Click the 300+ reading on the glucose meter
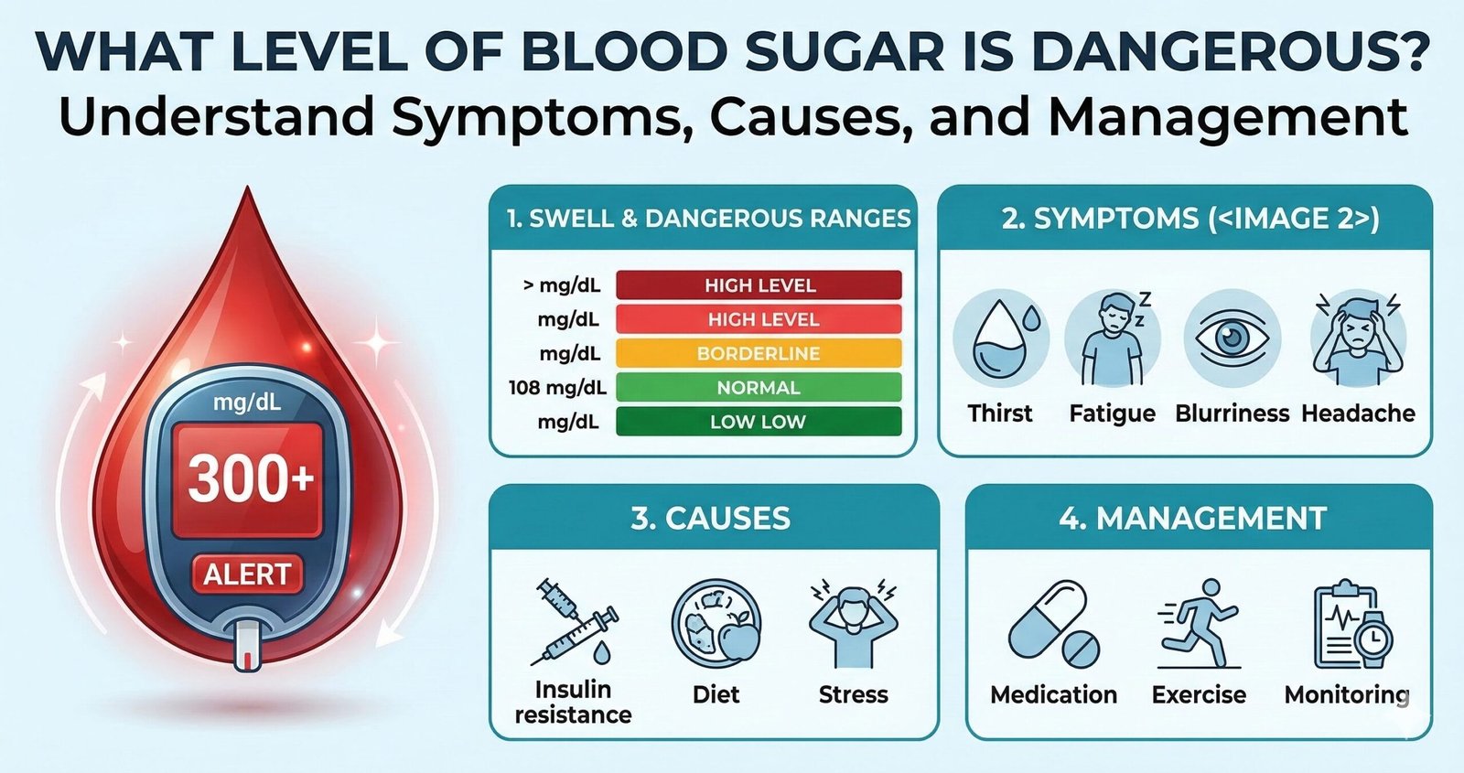[249, 478]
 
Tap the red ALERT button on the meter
[247, 574]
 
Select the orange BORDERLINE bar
[759, 353]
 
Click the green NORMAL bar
[759, 387]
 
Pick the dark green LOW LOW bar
[759, 422]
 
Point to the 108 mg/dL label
[557, 387]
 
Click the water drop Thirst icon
[1001, 339]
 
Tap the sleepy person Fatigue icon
[1113, 339]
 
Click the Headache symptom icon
[1358, 339]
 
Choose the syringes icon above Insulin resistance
[574, 622]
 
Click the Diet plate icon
[716, 623]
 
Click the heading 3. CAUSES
[711, 519]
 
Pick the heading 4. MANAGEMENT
[1193, 519]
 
